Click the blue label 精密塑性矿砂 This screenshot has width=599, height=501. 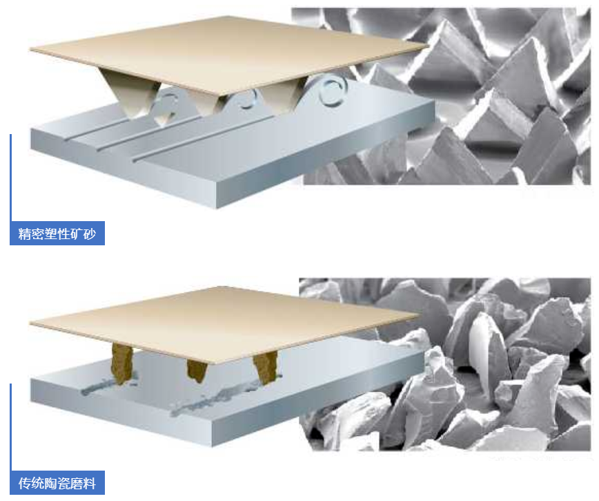tap(57, 234)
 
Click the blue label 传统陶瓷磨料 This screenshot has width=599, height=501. tap(57, 483)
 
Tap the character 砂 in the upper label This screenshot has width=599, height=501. tap(90, 234)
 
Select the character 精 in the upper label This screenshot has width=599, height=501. tap(25, 234)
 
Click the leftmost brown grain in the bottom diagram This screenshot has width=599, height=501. tap(122, 363)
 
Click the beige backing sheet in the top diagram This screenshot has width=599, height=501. tap(228, 53)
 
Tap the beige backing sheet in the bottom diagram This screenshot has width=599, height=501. tap(226, 323)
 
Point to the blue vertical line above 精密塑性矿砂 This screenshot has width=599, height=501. tap(11, 178)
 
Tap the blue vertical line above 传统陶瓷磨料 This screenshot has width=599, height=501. tap(11, 427)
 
